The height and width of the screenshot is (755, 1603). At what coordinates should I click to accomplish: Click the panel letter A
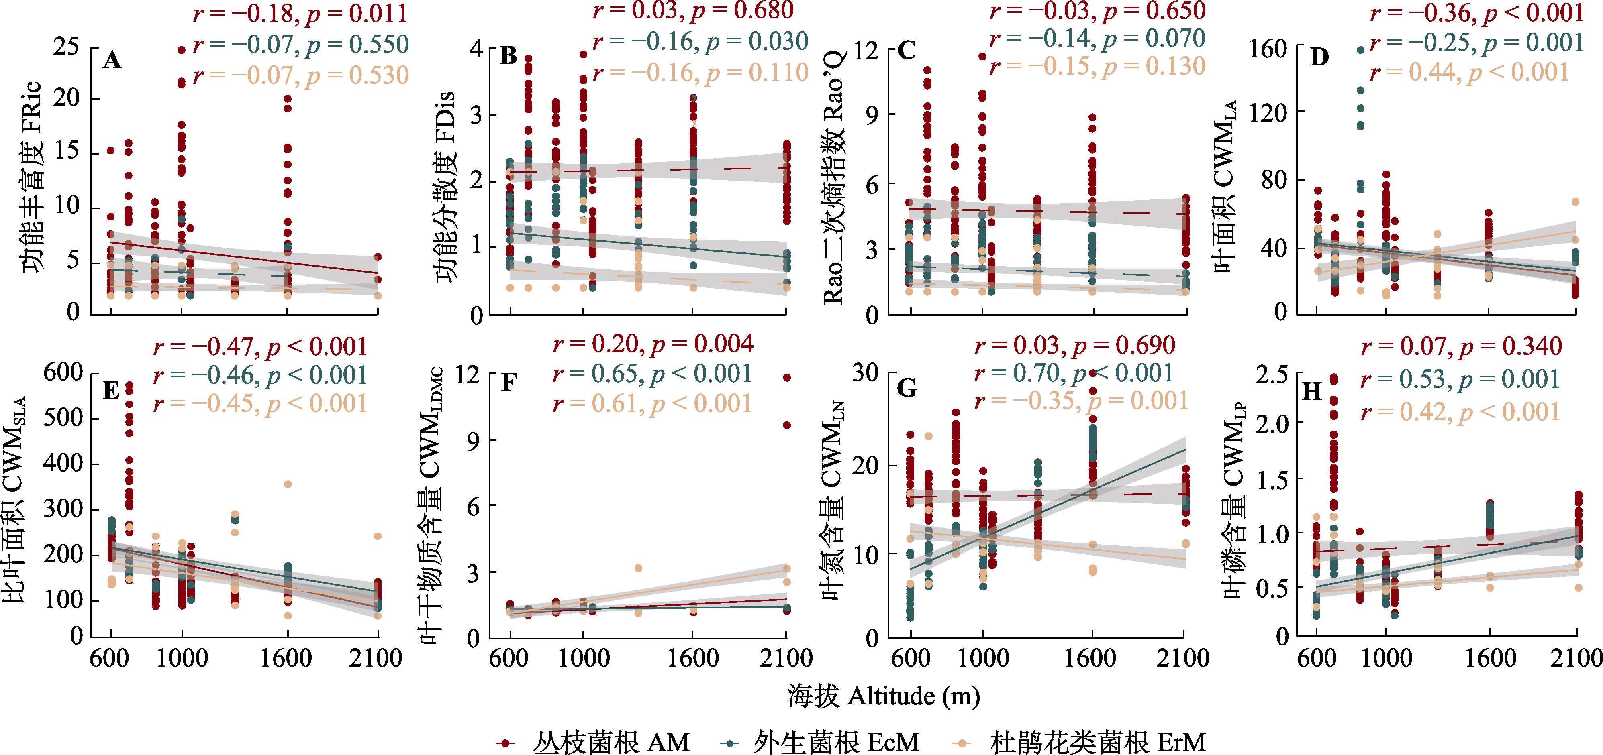coord(112,60)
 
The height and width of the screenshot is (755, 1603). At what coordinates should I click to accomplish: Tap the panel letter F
coord(509,383)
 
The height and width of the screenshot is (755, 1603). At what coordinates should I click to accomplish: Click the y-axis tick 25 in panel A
coord(66,47)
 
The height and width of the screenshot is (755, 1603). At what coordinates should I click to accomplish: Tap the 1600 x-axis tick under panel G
coord(1090,658)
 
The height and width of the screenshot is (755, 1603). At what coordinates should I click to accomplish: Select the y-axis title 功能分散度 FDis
coord(445,187)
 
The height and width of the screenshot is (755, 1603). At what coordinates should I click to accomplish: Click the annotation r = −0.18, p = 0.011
coord(300,14)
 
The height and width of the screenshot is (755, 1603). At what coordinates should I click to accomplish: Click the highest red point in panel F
coord(786,377)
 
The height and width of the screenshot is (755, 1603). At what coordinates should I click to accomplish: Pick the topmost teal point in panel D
coord(1360,50)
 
